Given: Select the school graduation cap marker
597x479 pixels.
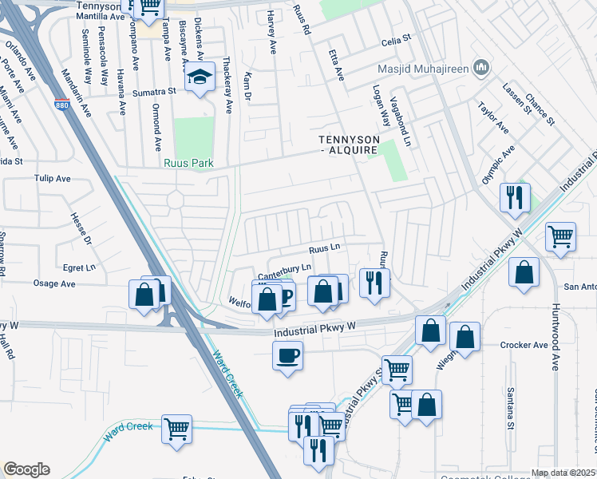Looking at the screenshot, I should click(x=198, y=78).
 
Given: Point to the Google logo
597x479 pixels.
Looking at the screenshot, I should click(x=26, y=469).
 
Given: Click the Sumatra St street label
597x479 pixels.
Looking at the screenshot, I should click(x=154, y=92).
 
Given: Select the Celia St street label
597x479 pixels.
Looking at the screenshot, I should click(x=395, y=38).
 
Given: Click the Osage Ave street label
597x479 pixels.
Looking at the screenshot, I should click(x=54, y=283).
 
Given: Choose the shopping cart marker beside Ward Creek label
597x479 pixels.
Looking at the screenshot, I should click(x=176, y=428).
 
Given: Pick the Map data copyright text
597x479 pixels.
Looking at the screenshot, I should click(x=562, y=473).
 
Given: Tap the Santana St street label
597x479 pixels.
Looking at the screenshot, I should click(x=509, y=407).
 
